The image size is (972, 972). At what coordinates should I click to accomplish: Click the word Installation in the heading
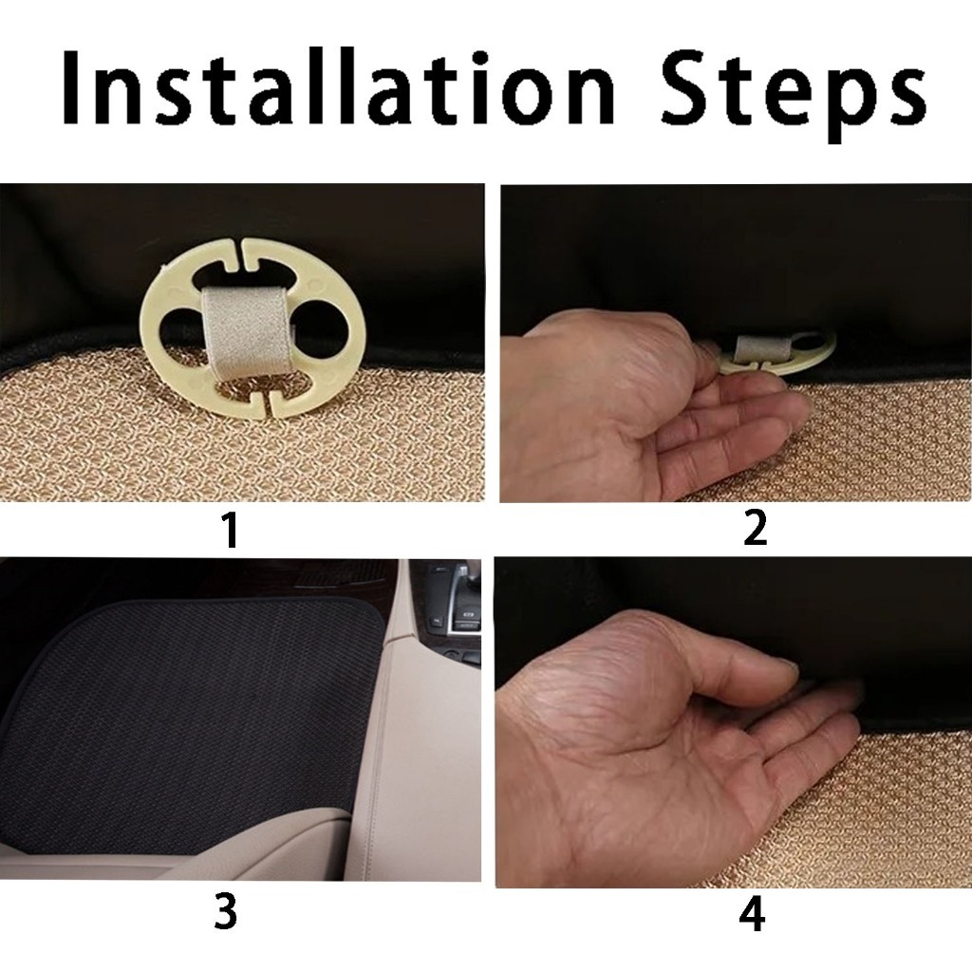point(339,86)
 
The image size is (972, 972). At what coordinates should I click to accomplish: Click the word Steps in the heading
point(793,94)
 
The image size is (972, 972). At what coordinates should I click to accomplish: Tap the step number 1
point(231,530)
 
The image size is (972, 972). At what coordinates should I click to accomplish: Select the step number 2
point(755,527)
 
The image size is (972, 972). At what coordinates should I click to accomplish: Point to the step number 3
point(226,912)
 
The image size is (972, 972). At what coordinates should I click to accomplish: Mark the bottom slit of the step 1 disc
point(264,406)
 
